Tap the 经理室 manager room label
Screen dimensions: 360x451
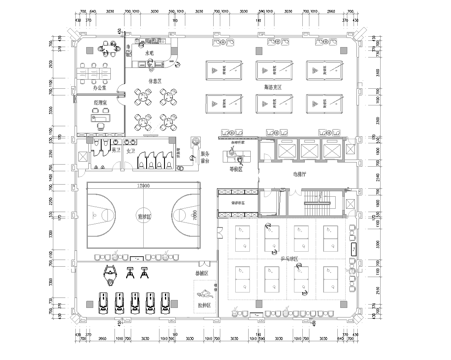[x=99, y=103]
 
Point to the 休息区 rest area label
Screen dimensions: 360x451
[x=156, y=80]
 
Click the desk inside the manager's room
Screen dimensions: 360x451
[x=99, y=116]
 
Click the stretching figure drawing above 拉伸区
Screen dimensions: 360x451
[x=204, y=293]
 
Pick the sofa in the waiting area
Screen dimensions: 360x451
[x=238, y=158]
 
